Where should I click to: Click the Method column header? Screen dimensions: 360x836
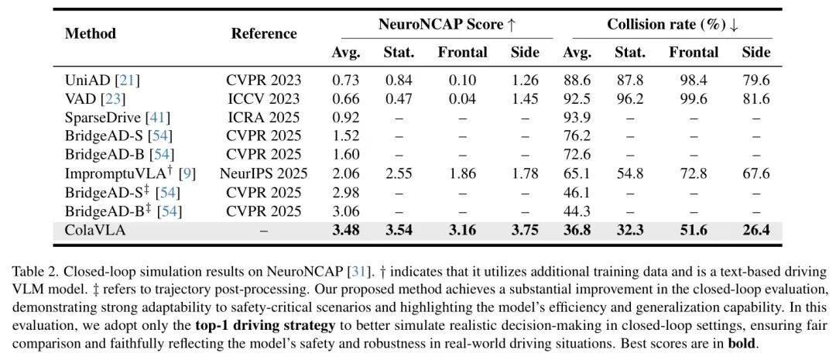click(91, 33)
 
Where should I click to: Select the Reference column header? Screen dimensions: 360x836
click(264, 33)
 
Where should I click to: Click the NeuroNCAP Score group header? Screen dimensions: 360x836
click(447, 24)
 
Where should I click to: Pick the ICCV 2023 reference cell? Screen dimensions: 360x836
click(264, 98)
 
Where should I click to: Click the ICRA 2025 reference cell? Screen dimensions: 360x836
click(264, 117)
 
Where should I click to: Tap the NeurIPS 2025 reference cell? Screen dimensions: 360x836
click(264, 173)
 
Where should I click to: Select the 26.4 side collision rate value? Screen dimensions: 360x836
click(756, 230)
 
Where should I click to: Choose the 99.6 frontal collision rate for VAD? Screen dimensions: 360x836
click(694, 98)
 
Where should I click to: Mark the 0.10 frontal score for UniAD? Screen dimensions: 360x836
click(462, 80)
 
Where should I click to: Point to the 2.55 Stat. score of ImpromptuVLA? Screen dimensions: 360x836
click(399, 173)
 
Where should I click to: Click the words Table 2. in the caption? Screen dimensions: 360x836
click(35, 273)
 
